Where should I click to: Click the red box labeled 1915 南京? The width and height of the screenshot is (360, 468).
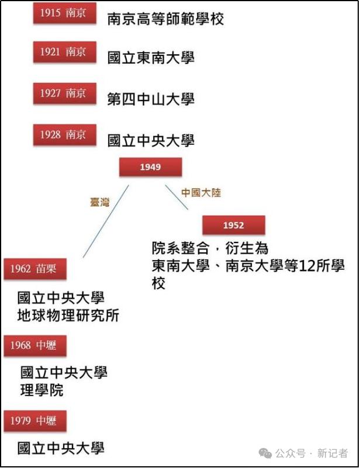coord(65,13)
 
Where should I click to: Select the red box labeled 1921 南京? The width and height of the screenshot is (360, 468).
coord(65,52)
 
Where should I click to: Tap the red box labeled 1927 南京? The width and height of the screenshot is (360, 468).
coord(65,93)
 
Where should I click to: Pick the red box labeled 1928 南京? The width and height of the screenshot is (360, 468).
coord(65,135)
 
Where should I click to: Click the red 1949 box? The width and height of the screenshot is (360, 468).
coord(150,167)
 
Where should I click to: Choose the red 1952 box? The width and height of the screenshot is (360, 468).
coord(234,225)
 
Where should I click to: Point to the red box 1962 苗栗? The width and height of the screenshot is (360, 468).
coord(35,269)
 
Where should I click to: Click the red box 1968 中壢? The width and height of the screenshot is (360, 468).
coord(35,346)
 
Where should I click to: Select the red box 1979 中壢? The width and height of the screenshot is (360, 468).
coord(35,421)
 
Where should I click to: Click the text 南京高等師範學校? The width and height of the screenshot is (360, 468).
coord(165,19)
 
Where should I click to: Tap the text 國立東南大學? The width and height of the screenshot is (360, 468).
coord(151,58)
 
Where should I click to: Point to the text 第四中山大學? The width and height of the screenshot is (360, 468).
coord(151,99)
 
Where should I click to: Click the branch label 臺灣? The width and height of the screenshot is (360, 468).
coord(100,202)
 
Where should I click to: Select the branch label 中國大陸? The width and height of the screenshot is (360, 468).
coord(201,193)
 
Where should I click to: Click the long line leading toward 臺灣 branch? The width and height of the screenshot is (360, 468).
coord(106,221)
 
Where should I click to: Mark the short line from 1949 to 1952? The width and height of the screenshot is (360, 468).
coord(176,197)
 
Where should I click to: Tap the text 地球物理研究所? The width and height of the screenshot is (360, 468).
coord(68,316)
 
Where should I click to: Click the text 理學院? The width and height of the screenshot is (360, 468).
coord(42,390)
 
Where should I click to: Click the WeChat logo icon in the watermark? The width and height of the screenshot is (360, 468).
coord(265,453)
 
